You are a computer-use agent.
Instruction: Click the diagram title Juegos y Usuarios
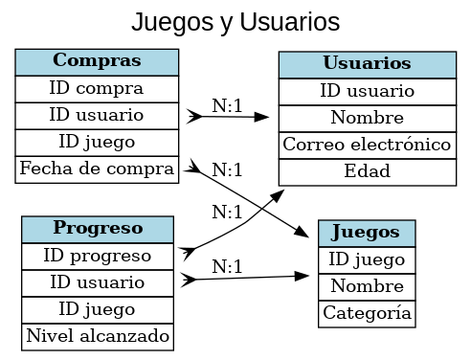(235, 21)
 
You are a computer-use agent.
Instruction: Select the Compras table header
(97, 61)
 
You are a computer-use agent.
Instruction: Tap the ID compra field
(97, 88)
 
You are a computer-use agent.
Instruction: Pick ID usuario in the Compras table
(97, 115)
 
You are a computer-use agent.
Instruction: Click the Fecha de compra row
(97, 169)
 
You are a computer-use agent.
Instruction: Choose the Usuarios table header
(367, 64)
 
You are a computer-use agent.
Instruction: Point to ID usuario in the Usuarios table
(367, 91)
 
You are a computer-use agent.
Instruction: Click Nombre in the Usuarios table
(367, 118)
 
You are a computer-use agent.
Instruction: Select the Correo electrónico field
(367, 145)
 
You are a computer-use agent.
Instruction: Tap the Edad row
(367, 171)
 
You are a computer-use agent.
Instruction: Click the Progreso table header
(98, 229)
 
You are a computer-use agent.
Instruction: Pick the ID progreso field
(98, 256)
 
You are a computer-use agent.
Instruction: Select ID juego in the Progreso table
(98, 309)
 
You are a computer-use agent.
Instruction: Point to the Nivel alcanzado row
(98, 336)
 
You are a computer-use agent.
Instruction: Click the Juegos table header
(367, 233)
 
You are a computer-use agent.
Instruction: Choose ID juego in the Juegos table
(367, 259)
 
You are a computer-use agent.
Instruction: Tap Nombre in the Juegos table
(367, 286)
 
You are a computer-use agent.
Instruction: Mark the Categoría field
(367, 313)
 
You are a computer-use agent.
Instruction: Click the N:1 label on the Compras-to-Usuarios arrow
(227, 105)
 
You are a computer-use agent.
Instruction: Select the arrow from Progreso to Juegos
(249, 278)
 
